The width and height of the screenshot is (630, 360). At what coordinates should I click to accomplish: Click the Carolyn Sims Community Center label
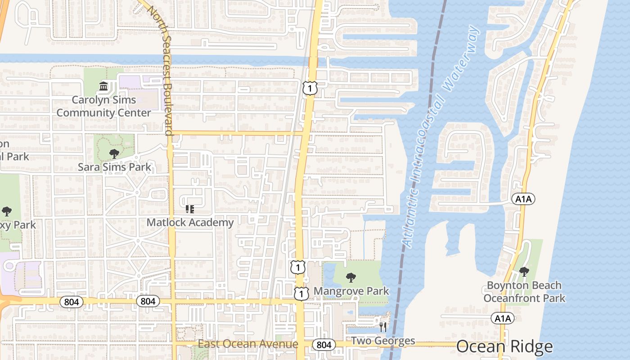click(x=103, y=106)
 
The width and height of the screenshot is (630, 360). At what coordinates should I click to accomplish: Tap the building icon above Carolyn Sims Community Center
click(x=103, y=85)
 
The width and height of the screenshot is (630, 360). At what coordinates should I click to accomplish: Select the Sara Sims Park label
click(x=114, y=167)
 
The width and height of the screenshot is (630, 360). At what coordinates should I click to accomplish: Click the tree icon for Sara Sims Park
click(x=114, y=153)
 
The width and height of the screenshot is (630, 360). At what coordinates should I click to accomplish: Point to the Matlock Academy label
click(x=190, y=222)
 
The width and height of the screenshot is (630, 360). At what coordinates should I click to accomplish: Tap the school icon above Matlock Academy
click(x=189, y=209)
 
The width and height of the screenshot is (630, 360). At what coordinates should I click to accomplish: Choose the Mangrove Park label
click(x=351, y=291)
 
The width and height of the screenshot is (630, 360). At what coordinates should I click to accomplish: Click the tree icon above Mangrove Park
click(x=351, y=278)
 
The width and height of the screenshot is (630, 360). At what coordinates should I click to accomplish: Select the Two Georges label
click(x=382, y=341)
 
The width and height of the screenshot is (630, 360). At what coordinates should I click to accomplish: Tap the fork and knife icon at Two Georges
click(x=383, y=327)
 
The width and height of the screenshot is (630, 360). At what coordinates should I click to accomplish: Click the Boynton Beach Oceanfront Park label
click(x=524, y=292)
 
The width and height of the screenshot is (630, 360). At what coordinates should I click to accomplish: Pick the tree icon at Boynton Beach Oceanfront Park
click(x=524, y=271)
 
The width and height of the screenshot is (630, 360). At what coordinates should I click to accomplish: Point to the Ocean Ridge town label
click(x=504, y=346)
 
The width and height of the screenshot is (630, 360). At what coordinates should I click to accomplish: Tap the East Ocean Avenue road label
click(x=248, y=345)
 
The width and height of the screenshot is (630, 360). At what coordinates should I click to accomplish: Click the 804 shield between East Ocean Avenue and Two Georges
click(x=324, y=345)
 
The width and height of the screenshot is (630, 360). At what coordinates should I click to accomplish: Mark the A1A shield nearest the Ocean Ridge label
click(x=503, y=319)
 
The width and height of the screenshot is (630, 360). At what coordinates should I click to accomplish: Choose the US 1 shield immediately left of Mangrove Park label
click(x=301, y=293)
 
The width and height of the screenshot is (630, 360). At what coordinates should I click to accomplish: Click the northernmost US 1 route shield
click(x=310, y=88)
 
